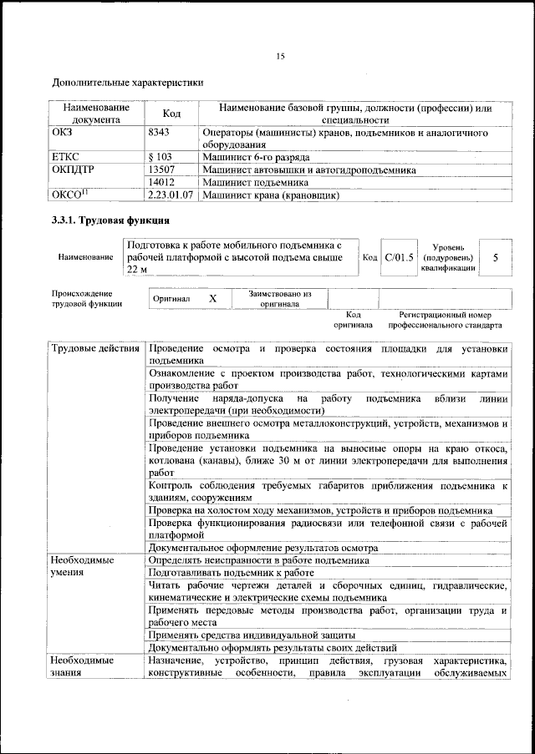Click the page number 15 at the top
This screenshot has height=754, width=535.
tap(280, 56)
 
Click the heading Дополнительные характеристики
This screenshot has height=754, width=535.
tap(127, 83)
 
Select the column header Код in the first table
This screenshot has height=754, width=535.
tap(171, 114)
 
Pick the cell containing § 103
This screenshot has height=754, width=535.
tap(160, 157)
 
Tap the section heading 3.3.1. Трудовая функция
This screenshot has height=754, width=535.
tap(111, 221)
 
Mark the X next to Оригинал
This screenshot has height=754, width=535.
tap(212, 298)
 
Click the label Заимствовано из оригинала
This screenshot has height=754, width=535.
tap(279, 299)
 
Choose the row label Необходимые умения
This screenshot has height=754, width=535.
tap(82, 567)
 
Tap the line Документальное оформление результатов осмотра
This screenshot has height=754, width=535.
tap(263, 548)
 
